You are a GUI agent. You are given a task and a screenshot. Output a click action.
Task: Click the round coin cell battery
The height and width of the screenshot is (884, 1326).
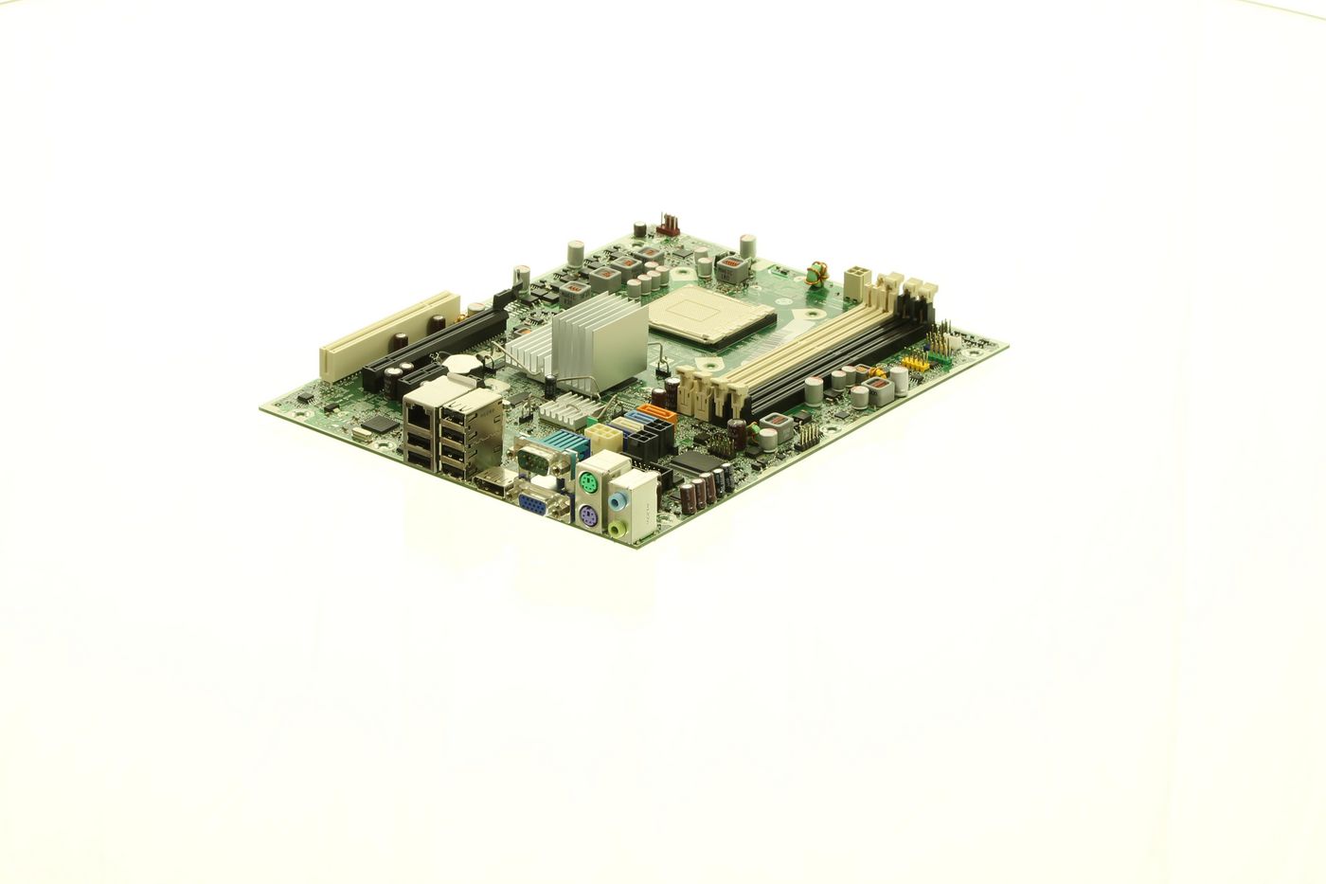[x=462, y=362]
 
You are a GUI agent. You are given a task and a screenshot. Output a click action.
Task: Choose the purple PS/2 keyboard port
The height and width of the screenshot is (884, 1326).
[x=587, y=516]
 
